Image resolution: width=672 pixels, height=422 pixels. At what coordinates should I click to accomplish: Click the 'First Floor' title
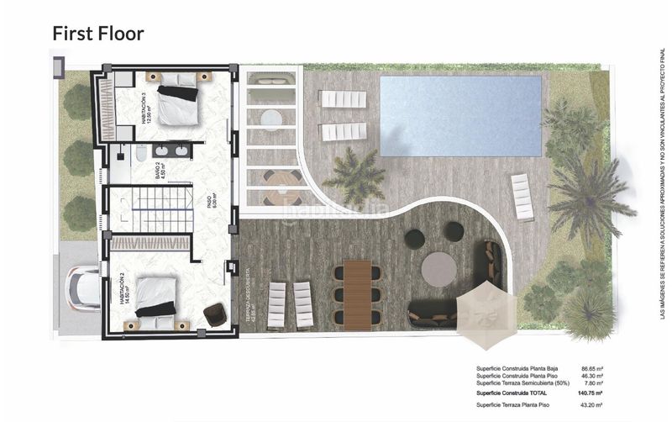click(98, 34)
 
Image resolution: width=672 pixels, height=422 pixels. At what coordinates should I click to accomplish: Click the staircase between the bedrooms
click(148, 210)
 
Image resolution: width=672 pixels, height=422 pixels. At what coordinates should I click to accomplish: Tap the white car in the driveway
click(82, 288)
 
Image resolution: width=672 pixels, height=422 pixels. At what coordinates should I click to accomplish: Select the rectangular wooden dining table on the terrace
click(358, 293)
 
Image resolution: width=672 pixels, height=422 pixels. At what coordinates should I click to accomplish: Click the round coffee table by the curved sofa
click(438, 270)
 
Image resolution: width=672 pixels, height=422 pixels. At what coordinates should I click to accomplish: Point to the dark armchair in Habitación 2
click(215, 314)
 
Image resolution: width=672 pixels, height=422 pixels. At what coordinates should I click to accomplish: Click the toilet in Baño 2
click(141, 152)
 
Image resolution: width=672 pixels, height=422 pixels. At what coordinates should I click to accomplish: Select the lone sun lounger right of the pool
click(522, 196)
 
